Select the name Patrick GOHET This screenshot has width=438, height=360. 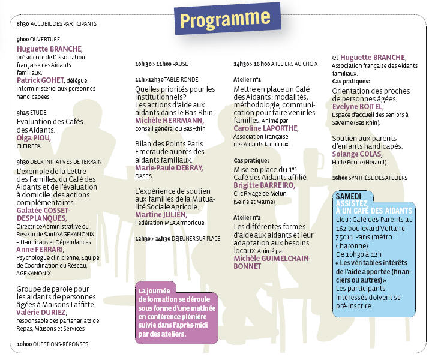41,80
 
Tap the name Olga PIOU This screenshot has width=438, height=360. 34,137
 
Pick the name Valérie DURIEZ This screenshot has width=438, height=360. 41,312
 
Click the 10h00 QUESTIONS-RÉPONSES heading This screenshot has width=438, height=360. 52,344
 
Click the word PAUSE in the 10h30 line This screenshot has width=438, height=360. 180,63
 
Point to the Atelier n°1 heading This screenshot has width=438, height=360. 247,79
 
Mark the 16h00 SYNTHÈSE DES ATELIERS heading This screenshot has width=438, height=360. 370,178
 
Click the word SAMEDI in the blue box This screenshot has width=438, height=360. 349,196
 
